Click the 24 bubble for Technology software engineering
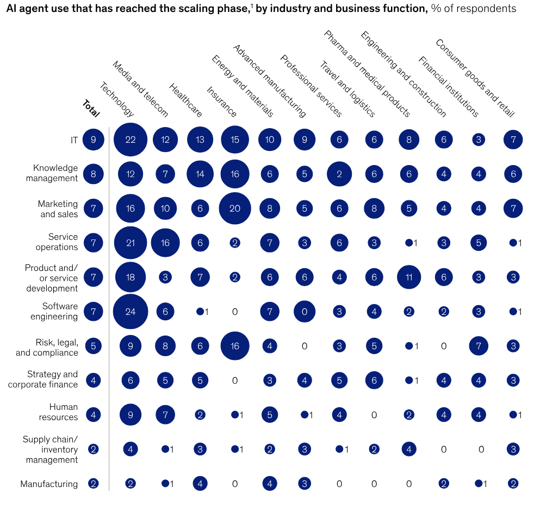coord(131,312)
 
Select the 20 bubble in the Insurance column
coord(235,208)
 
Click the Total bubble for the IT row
coord(94,140)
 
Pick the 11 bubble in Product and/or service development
coord(409,277)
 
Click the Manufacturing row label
coord(49,484)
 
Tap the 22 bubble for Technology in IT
coord(131,140)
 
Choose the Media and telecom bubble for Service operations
coord(165,243)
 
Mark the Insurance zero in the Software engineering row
coord(235,312)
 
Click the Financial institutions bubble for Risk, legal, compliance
coord(479,346)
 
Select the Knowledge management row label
coord(55,173)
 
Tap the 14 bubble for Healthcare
coord(200,174)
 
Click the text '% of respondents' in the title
coord(474,9)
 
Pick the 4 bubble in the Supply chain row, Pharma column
coord(409,450)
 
